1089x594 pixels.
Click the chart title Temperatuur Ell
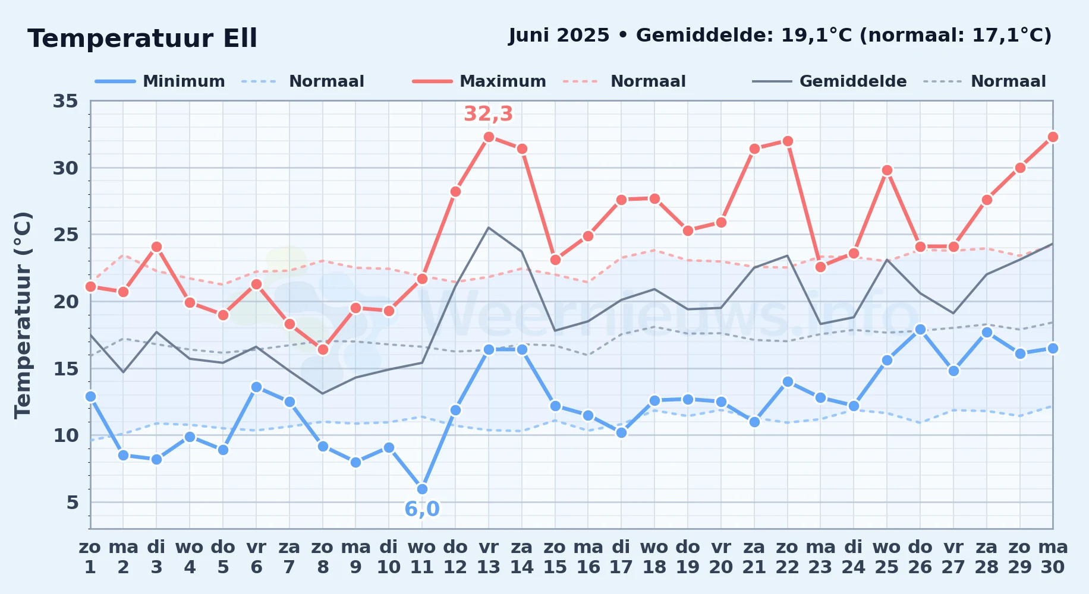pos(142,39)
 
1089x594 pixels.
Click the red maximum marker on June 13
pos(489,137)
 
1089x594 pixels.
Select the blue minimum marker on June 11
pos(422,489)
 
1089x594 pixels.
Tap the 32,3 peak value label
pos(488,113)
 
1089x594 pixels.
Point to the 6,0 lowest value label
pos(422,509)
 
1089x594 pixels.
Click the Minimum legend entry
pos(160,81)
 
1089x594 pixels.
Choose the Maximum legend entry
pos(479,81)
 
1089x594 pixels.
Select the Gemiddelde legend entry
pos(830,81)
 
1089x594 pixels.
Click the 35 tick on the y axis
pos(65,101)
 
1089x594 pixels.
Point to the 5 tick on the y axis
pos(73,503)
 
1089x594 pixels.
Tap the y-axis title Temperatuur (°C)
pos(23,315)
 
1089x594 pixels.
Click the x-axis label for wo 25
pos(887,557)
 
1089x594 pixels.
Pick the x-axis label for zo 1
pos(90,557)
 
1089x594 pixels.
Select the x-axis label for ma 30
pos(1053,557)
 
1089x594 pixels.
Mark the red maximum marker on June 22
pos(788,141)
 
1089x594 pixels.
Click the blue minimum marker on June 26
pos(920,329)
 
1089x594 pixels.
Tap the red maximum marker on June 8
pos(323,349)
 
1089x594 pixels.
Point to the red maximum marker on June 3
pos(156,247)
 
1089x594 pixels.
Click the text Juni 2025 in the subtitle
pos(559,36)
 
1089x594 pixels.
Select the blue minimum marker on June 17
pos(621,432)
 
